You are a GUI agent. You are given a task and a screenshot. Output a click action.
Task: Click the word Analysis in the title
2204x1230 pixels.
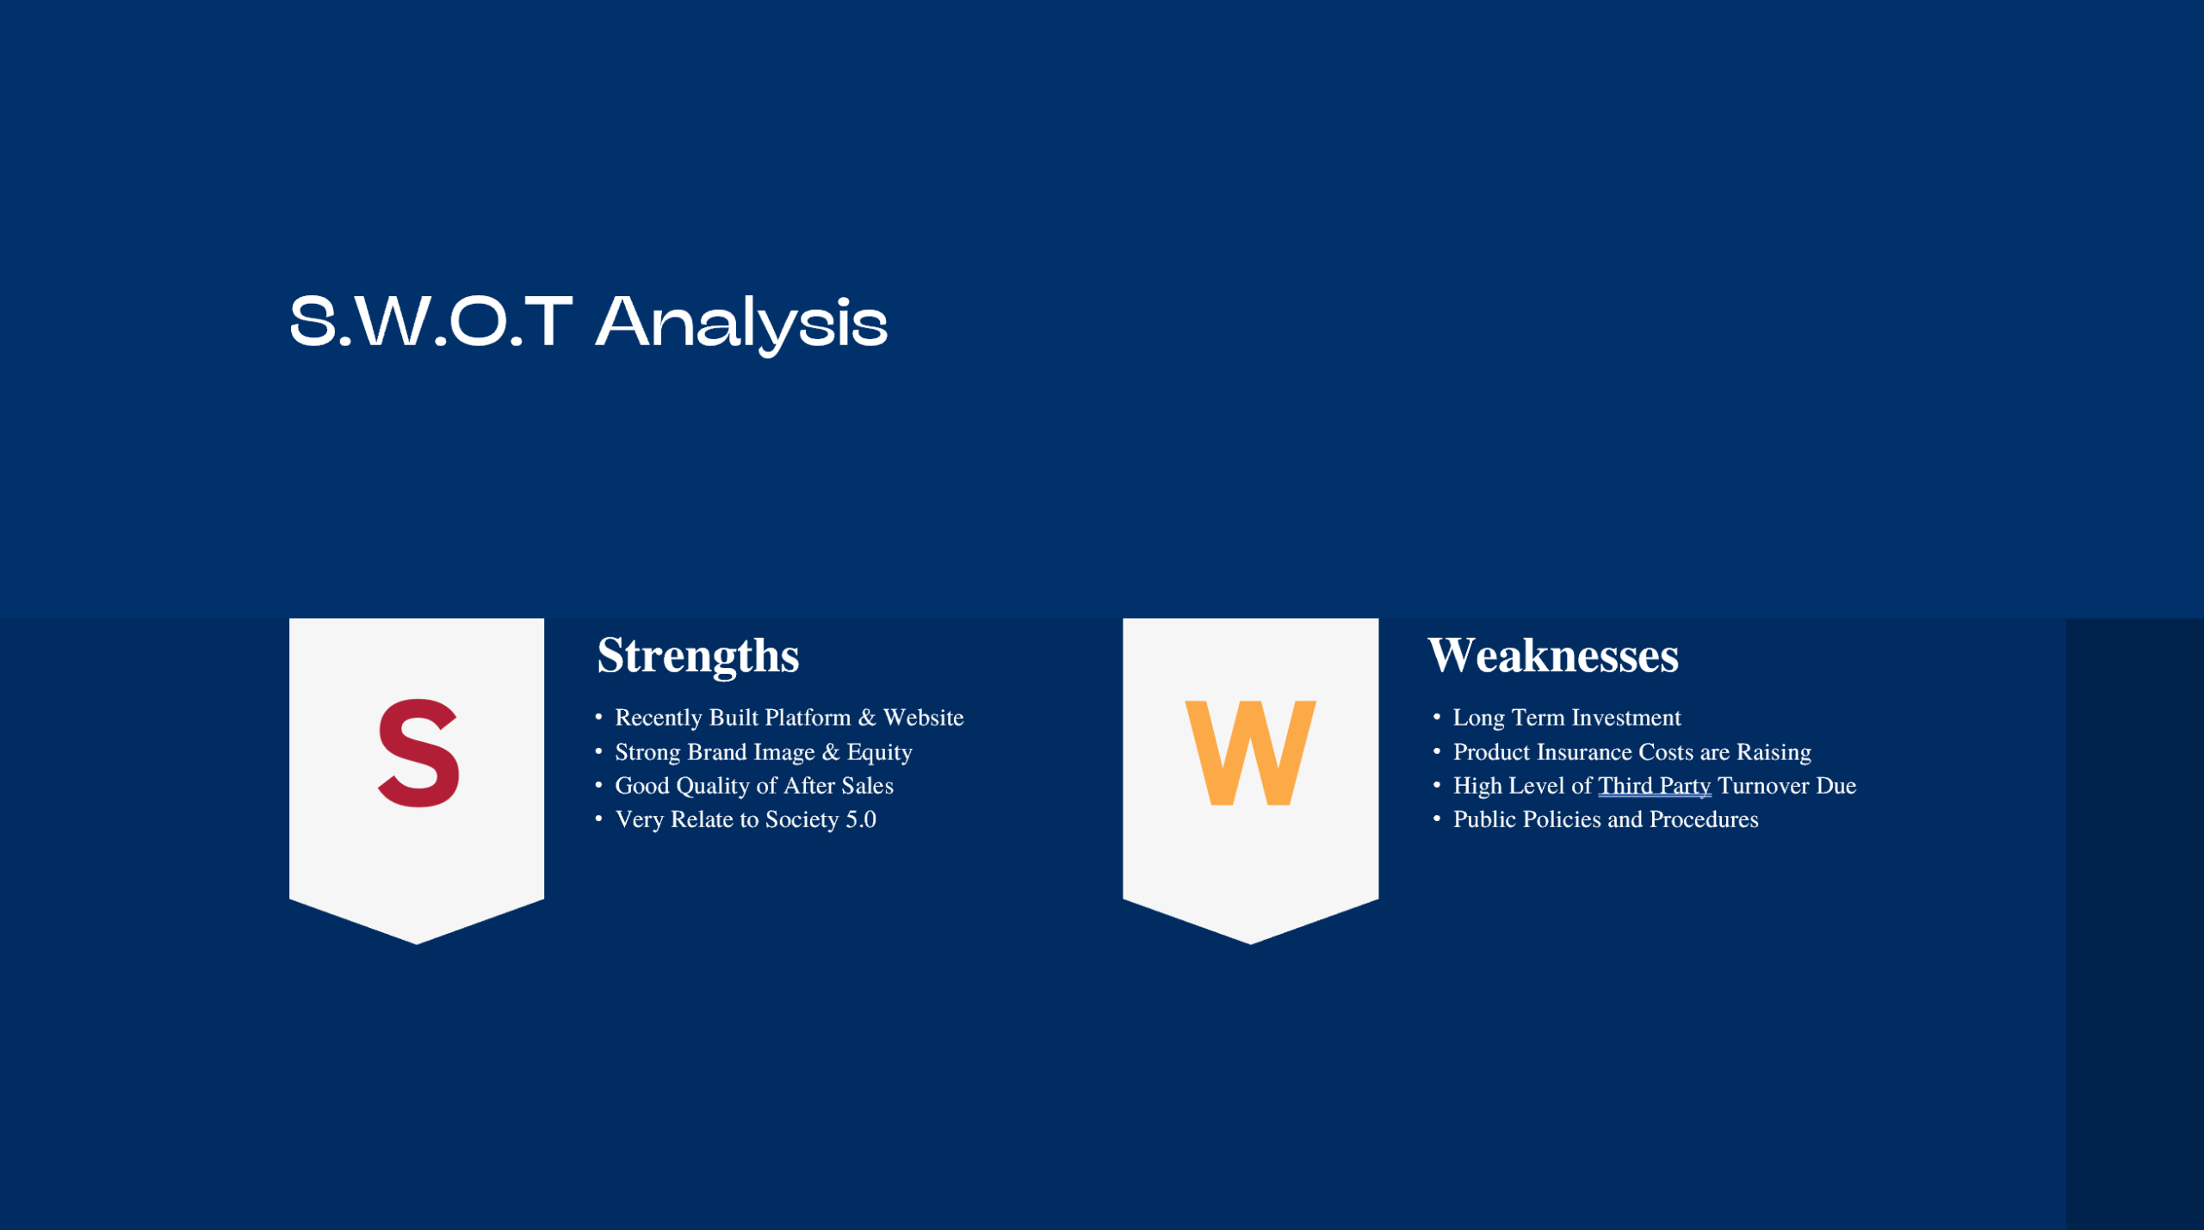(741, 323)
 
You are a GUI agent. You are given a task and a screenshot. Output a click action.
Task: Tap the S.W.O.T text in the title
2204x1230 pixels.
(430, 323)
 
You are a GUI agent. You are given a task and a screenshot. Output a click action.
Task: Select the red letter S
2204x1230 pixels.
(418, 753)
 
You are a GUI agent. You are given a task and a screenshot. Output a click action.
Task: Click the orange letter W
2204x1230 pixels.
(1250, 753)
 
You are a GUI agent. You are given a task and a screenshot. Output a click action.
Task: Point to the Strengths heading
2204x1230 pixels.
(697, 656)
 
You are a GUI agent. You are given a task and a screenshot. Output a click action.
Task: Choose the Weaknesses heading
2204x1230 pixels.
(1552, 656)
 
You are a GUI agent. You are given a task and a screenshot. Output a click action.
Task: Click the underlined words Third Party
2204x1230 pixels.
(1654, 786)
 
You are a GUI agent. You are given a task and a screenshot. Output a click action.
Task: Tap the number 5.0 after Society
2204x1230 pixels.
(860, 819)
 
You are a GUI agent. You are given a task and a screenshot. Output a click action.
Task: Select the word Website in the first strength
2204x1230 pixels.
(923, 718)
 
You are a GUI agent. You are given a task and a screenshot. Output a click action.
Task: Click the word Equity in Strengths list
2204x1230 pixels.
(879, 752)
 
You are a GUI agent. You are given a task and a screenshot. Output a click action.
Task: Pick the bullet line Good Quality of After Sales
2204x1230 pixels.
(753, 786)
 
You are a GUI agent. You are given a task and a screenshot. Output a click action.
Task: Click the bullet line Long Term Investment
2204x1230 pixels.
(1566, 718)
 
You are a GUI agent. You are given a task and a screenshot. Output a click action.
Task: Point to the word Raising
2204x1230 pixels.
(1774, 752)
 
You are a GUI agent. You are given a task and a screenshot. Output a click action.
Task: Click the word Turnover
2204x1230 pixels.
(1762, 786)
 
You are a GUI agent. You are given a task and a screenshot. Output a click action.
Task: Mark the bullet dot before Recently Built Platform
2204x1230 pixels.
(598, 716)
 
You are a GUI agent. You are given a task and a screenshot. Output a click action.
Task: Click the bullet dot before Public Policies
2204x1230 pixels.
(1436, 818)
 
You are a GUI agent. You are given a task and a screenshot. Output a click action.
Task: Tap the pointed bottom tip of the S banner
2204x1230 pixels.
(417, 943)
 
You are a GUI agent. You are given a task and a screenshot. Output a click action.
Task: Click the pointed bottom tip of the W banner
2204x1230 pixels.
(1250, 943)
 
